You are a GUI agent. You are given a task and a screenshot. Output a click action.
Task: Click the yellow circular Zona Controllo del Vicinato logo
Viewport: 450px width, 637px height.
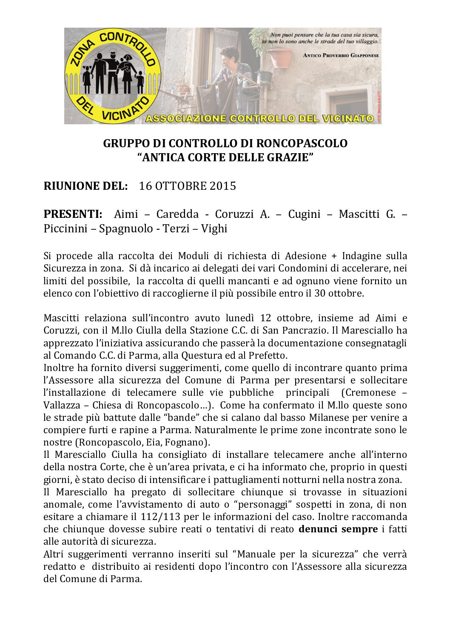113,76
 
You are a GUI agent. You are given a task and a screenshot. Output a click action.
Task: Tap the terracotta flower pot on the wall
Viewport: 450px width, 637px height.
280,57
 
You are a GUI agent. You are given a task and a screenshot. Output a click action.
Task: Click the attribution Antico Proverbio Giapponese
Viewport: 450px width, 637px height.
341,55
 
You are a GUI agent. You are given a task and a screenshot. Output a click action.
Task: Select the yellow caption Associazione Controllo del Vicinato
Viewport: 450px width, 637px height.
259,119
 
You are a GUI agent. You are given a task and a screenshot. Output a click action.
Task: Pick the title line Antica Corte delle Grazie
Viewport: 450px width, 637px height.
225,157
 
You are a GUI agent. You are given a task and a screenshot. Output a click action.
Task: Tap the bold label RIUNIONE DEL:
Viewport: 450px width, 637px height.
85,186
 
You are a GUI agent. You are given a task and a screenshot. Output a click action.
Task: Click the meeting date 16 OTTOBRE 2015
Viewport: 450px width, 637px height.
187,186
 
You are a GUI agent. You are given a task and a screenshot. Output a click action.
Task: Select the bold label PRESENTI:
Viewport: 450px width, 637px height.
73,214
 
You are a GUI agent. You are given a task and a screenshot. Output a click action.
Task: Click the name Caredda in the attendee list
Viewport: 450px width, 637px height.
177,214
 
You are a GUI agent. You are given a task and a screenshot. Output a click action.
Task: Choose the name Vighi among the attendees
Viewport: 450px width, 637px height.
214,229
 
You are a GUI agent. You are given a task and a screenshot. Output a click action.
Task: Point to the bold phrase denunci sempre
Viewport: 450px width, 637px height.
338,529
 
